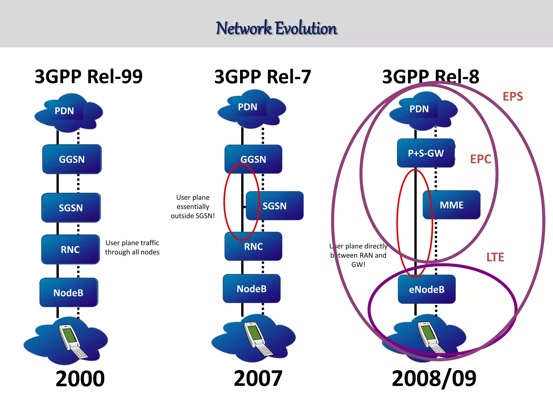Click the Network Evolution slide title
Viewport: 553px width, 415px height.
click(276, 28)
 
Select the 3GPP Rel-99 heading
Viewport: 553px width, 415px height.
click(89, 76)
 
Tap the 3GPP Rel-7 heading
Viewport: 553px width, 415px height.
click(262, 77)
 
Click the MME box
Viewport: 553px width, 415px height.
click(451, 205)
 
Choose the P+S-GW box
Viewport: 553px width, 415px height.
click(426, 153)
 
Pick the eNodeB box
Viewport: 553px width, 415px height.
click(427, 289)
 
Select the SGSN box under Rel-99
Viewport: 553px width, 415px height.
click(71, 208)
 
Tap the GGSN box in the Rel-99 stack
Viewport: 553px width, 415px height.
click(72, 159)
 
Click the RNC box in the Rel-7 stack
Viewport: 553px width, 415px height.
click(253, 246)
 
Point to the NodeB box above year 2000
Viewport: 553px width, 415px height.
click(69, 293)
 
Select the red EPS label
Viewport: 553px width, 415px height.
click(512, 96)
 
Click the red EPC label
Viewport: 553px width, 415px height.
click(481, 159)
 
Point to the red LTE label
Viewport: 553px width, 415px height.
click(495, 257)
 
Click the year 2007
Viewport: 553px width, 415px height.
click(258, 378)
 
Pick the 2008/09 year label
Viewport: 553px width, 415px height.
click(434, 378)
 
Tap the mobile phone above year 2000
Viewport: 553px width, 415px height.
click(72, 340)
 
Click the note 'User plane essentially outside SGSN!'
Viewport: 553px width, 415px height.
click(193, 207)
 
